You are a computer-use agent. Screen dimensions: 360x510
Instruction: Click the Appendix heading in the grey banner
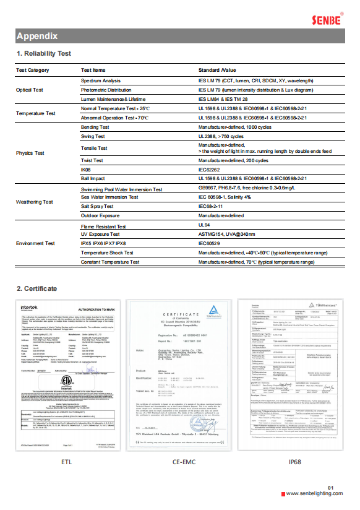tap(37, 36)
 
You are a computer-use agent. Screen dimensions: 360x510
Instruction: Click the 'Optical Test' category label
tap(30, 90)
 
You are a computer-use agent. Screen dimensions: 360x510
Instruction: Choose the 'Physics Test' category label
tap(30, 153)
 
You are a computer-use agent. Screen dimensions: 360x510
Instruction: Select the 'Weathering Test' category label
tap(34, 202)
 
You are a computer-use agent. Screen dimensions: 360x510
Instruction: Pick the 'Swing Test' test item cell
tap(93, 136)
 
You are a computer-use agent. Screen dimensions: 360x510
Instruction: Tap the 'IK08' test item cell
tap(86, 169)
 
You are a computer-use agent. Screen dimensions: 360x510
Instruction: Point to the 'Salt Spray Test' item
tap(98, 206)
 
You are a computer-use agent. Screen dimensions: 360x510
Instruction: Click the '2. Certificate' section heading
tap(36, 288)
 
